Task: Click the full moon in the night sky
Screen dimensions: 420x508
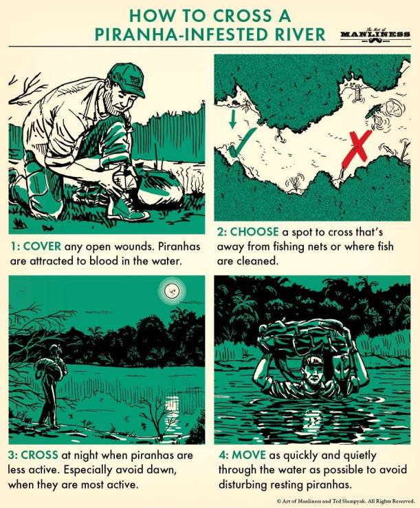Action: point(170,290)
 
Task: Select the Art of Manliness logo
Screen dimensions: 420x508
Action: point(375,34)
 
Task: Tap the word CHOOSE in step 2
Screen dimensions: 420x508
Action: point(254,232)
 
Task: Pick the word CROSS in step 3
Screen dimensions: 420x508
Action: point(39,455)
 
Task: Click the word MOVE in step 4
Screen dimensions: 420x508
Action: point(249,455)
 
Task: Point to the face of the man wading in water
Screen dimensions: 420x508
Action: point(315,376)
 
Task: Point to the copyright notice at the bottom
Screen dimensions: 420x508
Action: point(346,501)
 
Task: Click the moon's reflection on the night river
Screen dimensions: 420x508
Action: point(172,408)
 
